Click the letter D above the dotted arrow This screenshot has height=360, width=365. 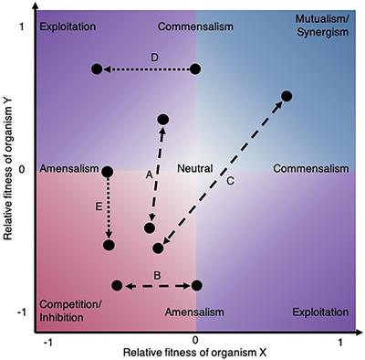click(155, 58)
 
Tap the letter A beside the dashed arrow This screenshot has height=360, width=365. click(148, 174)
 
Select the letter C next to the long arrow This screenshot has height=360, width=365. click(230, 181)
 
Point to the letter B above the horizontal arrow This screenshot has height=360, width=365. click(156, 274)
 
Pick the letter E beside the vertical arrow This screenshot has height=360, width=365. click(97, 207)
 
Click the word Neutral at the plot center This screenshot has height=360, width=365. click(194, 169)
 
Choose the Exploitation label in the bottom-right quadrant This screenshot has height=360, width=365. click(319, 313)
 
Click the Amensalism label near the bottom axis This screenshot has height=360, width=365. click(195, 313)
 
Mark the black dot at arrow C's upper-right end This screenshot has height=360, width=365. click(287, 96)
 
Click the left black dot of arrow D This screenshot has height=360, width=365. click(97, 69)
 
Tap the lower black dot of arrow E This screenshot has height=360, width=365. click(109, 244)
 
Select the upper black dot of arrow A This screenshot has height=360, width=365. click(164, 120)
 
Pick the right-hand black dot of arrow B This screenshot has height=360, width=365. click(196, 286)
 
